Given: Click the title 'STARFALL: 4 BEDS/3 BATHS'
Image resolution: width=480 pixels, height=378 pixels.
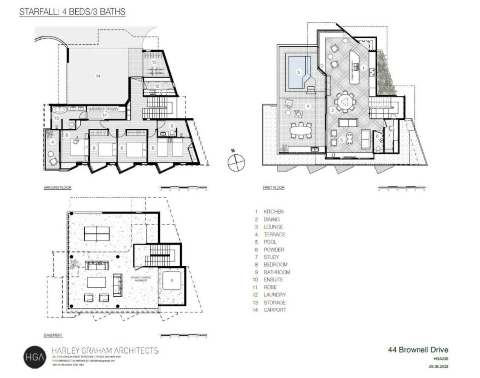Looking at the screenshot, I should coord(72,12).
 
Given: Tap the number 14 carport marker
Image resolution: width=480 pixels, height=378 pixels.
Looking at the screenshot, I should coord(98,76).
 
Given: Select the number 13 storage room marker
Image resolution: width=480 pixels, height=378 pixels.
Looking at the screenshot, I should coord(154,62).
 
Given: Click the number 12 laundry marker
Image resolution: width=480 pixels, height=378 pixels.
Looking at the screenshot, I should coord(157,86).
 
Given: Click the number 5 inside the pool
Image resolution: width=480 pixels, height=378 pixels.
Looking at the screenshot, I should coord(299,72).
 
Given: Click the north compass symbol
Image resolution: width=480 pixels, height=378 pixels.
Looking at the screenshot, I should coord(236,162).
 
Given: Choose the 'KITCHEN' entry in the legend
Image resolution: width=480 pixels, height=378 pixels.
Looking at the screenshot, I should coord(273,212).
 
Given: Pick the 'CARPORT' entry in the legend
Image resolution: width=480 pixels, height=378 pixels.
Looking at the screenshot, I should coord(274,310).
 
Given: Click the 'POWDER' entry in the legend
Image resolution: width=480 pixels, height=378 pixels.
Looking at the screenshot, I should coord(274,250).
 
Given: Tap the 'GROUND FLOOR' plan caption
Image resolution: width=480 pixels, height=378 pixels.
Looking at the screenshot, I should coord(57,187).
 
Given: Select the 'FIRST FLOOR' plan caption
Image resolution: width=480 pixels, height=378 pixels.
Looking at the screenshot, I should coord(274,187).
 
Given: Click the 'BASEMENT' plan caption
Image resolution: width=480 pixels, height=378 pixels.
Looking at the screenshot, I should coord(53,335).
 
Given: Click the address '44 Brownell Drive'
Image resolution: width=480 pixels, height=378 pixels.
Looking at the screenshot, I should coord(418,350).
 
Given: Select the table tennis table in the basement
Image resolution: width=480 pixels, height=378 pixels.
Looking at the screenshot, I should coord(96,233).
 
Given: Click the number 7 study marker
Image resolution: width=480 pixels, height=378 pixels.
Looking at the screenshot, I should coord(389,136).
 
